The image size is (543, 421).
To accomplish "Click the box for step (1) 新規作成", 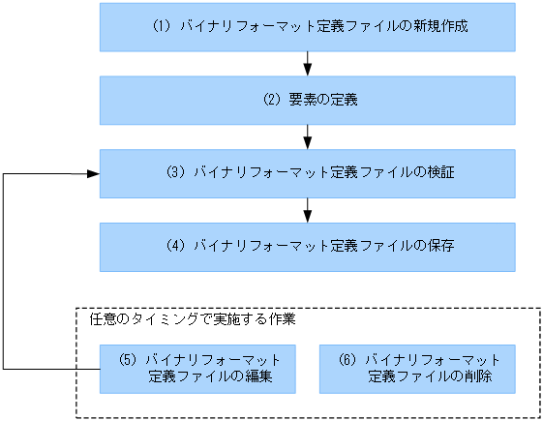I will pyautogui.click(x=307, y=27).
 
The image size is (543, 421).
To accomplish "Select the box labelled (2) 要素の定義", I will pyautogui.click(x=307, y=100).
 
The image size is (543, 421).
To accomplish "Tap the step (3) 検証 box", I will pyautogui.click(x=307, y=173).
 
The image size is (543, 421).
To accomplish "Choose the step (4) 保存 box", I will pyautogui.click(x=307, y=247).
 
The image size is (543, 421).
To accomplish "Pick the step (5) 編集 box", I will pyautogui.click(x=197, y=368).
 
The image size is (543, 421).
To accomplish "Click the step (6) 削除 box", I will pyautogui.click(x=417, y=368).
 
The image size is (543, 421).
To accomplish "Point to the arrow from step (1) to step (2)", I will pyautogui.click(x=307, y=64).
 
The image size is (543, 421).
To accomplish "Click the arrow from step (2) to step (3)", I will pyautogui.click(x=307, y=136).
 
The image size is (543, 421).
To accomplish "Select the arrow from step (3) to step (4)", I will pyautogui.click(x=307, y=210).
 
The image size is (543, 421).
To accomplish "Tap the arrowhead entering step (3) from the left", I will pyautogui.click(x=94, y=173).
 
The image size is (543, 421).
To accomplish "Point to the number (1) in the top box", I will pyautogui.click(x=162, y=27).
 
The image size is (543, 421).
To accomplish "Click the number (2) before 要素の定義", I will pyautogui.click(x=272, y=100).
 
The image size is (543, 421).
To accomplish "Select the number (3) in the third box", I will pyautogui.click(x=175, y=173).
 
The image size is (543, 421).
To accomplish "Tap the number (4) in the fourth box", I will pyautogui.click(x=175, y=247).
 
